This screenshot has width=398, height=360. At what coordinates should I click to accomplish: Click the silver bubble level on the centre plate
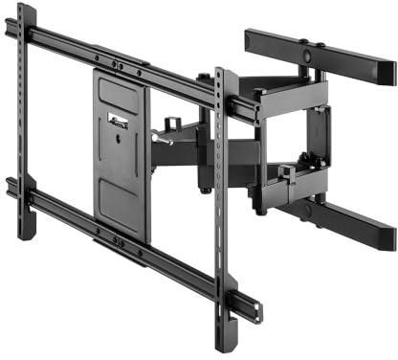119,121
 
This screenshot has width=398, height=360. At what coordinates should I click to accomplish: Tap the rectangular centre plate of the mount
122,153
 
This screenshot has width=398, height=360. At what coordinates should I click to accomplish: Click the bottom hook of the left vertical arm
27,230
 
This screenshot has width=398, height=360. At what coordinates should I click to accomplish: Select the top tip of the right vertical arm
220,73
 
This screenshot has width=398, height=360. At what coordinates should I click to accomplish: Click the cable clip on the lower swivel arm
285,171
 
